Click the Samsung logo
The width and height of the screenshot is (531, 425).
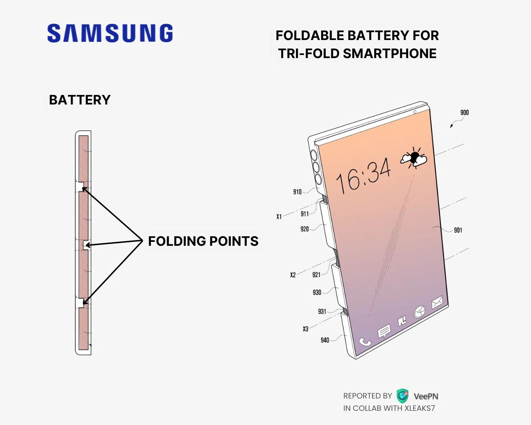(x=110, y=33)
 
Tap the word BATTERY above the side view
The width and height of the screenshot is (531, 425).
(x=80, y=100)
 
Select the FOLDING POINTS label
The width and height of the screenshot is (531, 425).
(x=203, y=241)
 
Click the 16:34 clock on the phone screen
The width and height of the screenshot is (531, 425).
(x=364, y=176)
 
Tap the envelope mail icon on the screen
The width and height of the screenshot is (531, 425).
(x=437, y=302)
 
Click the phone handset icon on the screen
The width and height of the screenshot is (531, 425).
(x=365, y=342)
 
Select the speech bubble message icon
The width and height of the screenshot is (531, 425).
(x=384, y=332)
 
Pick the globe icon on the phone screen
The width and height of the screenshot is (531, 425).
(x=420, y=312)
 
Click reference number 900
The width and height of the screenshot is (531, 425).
(x=464, y=113)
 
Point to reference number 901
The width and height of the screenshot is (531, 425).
(x=458, y=230)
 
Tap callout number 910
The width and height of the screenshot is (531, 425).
(x=297, y=192)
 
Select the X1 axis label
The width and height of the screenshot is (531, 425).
(x=279, y=216)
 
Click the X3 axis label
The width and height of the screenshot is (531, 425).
(x=305, y=329)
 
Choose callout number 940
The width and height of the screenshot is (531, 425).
(x=325, y=340)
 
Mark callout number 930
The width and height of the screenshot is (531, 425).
(x=317, y=293)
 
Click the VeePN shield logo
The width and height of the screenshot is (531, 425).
(x=402, y=396)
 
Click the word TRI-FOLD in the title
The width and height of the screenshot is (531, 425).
(x=308, y=53)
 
